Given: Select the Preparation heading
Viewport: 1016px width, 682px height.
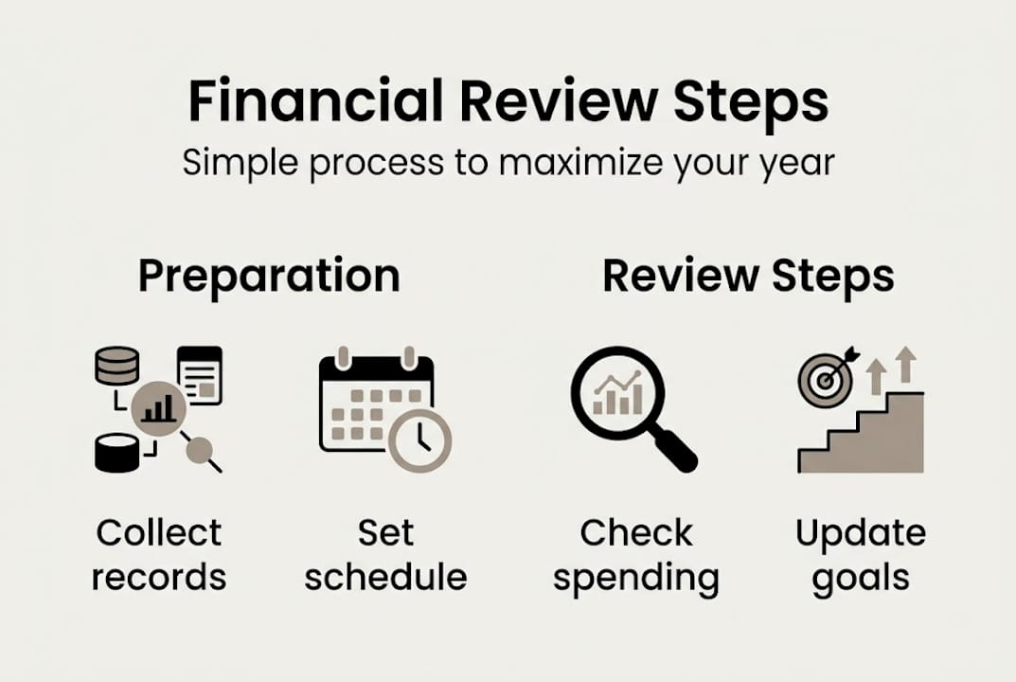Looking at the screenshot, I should (x=269, y=276).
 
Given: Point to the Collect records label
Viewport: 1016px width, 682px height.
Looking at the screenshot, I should (x=159, y=554).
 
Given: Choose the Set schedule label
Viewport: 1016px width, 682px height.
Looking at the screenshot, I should (x=385, y=554).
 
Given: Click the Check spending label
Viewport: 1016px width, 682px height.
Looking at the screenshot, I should (x=636, y=554).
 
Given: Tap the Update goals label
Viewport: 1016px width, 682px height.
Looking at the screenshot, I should (x=861, y=554).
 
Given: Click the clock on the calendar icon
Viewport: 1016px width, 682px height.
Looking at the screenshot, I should (x=420, y=440).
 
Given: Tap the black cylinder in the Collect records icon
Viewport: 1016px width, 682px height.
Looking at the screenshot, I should (x=117, y=453).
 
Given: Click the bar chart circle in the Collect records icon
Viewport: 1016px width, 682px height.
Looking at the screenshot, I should (x=158, y=408).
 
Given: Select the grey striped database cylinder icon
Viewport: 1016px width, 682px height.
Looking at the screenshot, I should (x=117, y=366).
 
